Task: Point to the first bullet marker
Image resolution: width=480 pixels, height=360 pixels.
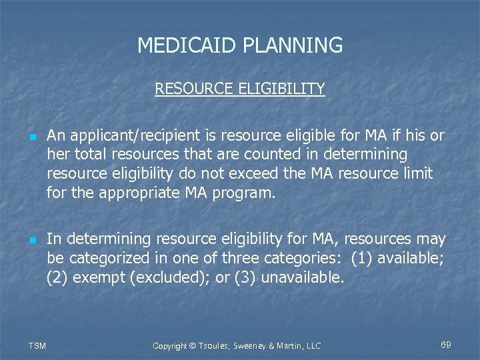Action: click(33, 137)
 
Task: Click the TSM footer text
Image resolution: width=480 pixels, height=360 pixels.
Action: click(37, 345)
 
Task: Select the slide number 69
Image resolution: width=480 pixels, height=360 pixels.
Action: click(446, 345)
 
